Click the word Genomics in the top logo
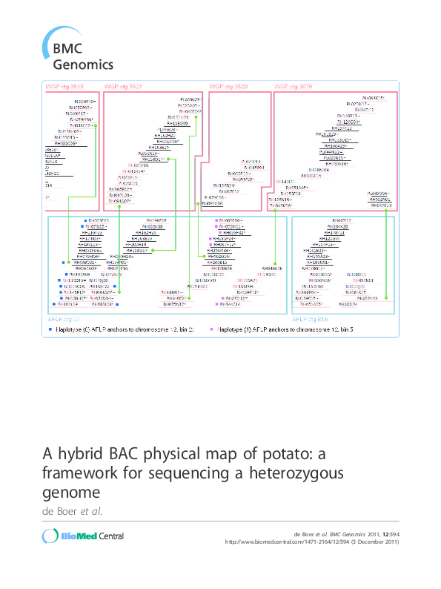coord(82,65)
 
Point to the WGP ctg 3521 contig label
coord(124,87)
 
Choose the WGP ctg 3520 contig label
coord(227,87)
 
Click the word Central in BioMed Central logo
coord(107,536)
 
